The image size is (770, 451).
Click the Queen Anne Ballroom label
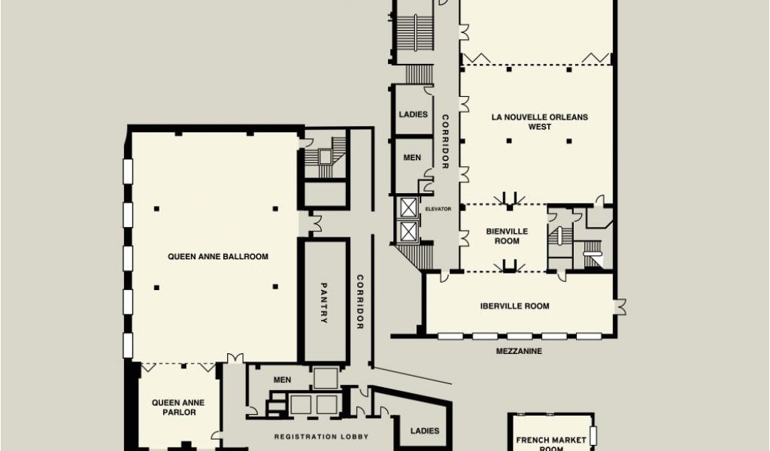[218, 256]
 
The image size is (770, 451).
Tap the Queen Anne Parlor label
[178, 407]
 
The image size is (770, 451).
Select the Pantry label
[323, 303]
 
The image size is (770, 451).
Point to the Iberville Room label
[514, 306]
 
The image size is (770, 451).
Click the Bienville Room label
[507, 236]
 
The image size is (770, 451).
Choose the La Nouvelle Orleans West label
[540, 122]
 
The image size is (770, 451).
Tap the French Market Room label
[551, 443]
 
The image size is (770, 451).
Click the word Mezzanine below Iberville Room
[519, 351]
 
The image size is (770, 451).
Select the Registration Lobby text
[321, 437]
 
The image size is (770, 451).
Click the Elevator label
[438, 209]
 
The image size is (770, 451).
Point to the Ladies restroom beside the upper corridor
[413, 114]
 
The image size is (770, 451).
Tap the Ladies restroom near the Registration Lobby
[425, 431]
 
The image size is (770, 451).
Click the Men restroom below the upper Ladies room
[412, 158]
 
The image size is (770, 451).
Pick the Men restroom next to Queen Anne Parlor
[283, 380]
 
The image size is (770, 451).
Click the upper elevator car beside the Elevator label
[408, 207]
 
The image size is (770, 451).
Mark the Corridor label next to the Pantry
[360, 302]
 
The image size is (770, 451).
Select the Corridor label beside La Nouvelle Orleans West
[445, 141]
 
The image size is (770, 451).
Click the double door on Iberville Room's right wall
[620, 307]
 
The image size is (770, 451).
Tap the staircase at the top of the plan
[415, 32]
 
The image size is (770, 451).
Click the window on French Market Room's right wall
[593, 435]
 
